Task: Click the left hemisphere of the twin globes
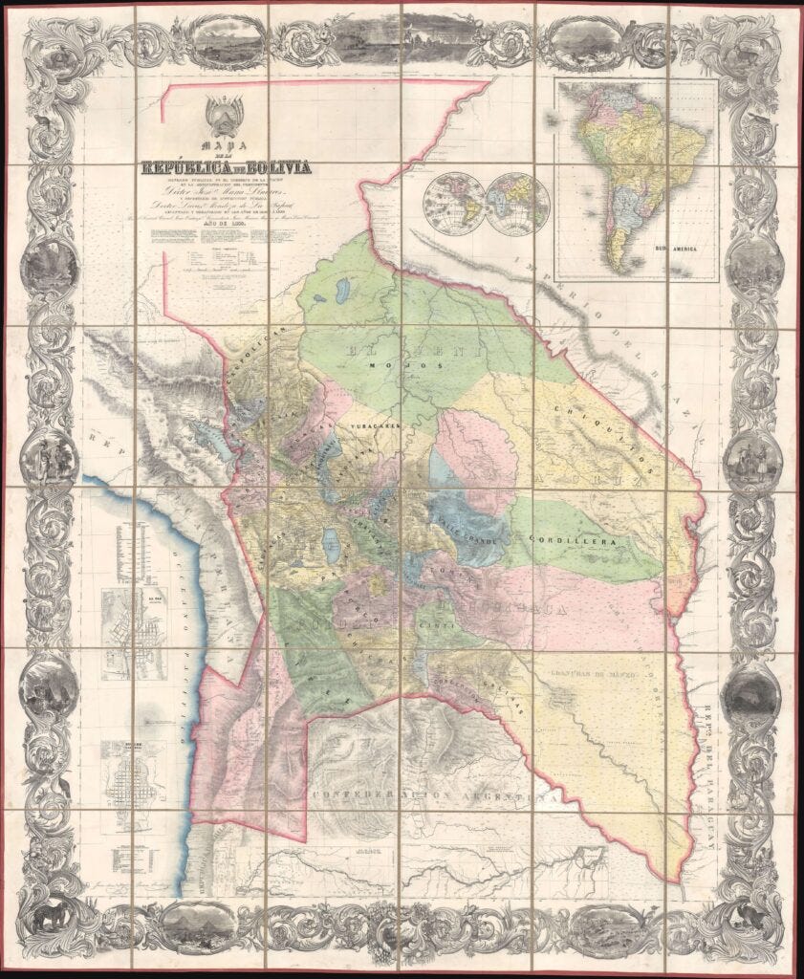point(455,204)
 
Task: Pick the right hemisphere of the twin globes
point(517,204)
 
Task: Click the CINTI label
point(442,626)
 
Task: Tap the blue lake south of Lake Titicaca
point(332,548)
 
